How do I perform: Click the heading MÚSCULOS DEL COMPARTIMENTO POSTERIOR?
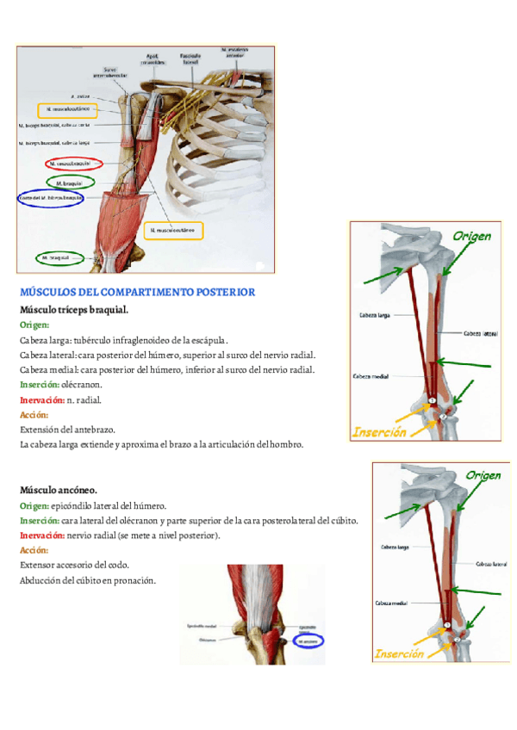tap(137, 292)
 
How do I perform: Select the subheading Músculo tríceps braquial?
tap(74, 308)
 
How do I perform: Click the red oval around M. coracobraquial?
tap(72, 163)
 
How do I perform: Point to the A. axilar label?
tap(80, 96)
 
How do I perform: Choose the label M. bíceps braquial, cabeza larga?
tap(53, 143)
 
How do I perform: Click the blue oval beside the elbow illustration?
tap(307, 641)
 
